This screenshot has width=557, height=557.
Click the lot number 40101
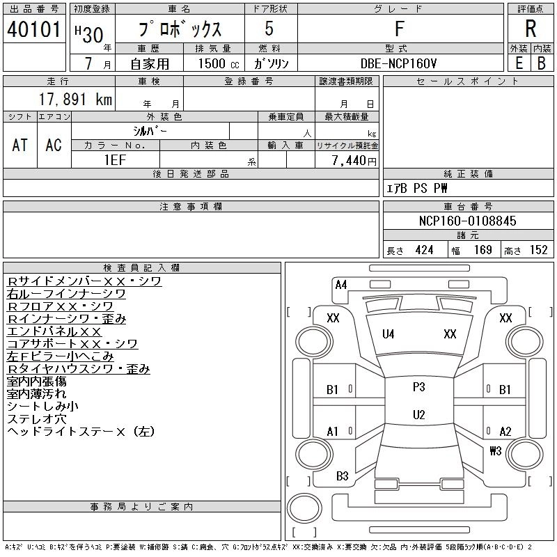click(x=34, y=29)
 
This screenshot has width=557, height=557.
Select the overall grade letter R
click(x=531, y=29)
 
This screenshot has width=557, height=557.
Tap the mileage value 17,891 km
click(x=75, y=99)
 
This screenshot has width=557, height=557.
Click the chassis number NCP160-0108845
click(x=467, y=221)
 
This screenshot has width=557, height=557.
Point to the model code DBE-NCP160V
click(x=398, y=63)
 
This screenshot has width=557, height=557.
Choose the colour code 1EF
click(x=115, y=160)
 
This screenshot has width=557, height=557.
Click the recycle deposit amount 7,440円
click(x=354, y=161)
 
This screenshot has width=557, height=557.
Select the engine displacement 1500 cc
click(x=219, y=63)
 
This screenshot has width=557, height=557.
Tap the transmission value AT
click(x=20, y=145)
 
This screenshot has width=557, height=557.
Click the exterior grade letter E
click(x=519, y=63)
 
